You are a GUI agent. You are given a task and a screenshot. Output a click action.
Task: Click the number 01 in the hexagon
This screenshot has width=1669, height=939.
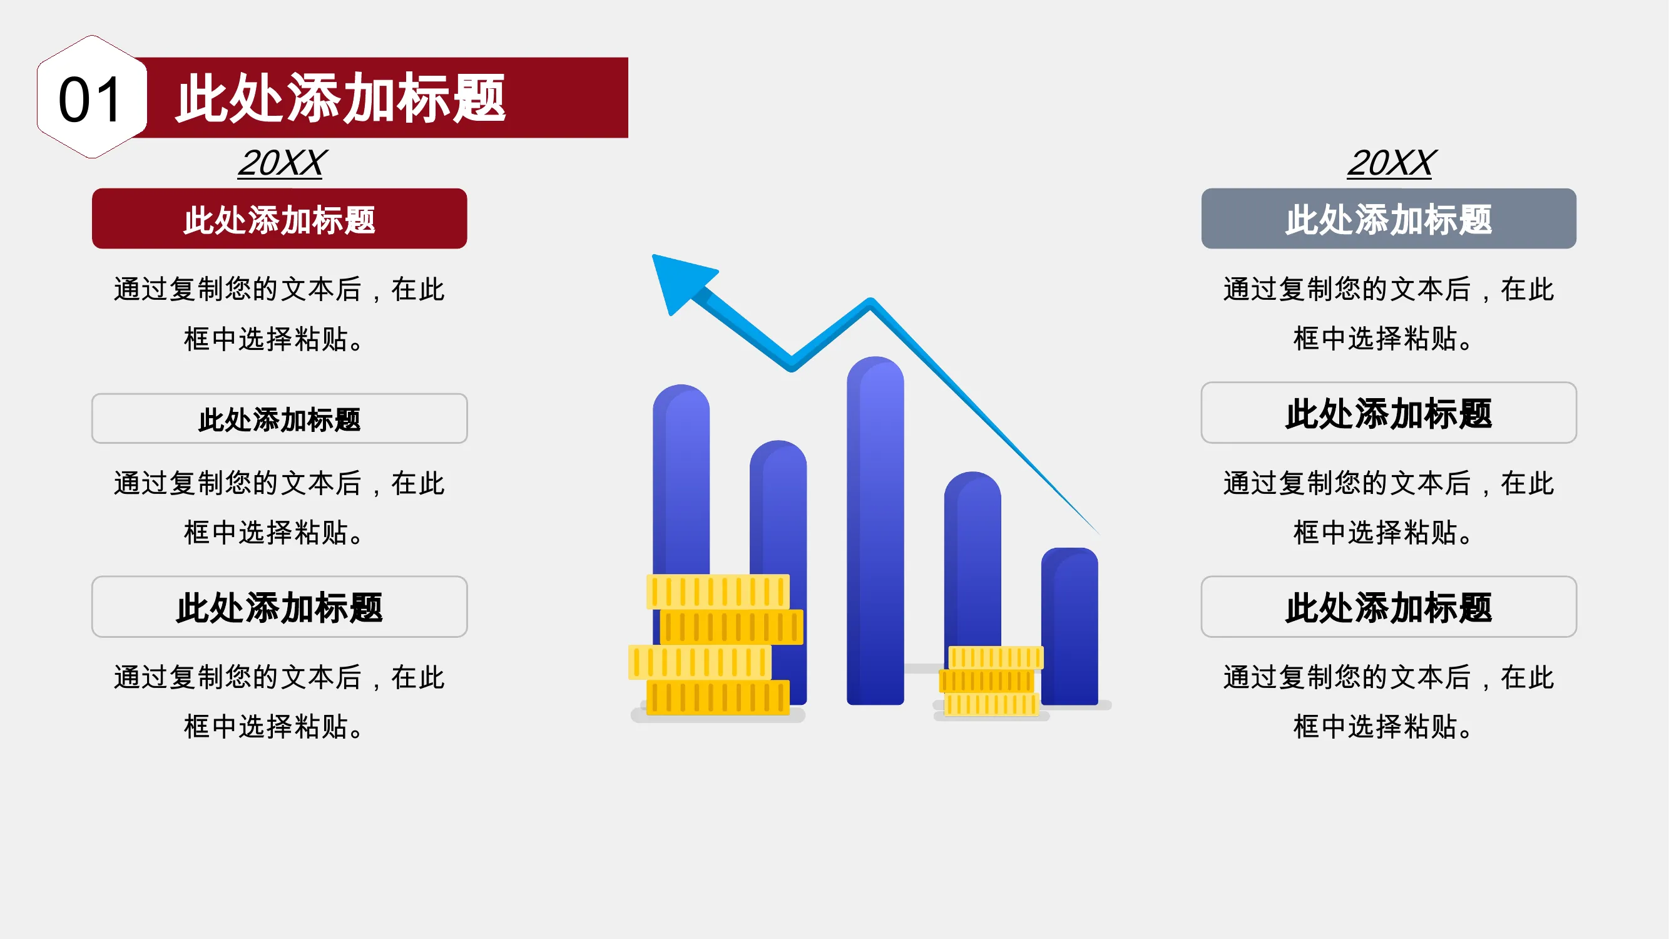90,100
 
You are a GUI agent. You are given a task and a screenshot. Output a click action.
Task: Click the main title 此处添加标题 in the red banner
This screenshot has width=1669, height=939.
341,98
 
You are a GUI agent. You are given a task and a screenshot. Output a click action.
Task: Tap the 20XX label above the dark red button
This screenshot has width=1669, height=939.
282,163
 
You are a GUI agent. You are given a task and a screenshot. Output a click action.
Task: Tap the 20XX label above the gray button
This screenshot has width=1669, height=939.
1391,163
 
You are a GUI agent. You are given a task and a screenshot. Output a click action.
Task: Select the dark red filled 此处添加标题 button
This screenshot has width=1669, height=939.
279,218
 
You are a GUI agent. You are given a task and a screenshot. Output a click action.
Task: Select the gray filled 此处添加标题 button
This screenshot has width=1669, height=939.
1389,218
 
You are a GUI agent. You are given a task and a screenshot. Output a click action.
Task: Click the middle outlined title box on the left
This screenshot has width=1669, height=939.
279,419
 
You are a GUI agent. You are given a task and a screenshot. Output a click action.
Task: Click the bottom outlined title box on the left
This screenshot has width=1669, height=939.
279,607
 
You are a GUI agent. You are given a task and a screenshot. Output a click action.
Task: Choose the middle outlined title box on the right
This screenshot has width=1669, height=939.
1389,413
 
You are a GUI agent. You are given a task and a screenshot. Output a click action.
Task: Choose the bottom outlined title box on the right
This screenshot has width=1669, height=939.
1389,607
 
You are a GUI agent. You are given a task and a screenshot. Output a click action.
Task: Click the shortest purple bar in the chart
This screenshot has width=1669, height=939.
1069,626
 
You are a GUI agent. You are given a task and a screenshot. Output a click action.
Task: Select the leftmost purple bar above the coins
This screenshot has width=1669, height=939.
681,480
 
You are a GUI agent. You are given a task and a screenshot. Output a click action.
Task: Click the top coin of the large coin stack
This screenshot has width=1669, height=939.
718,592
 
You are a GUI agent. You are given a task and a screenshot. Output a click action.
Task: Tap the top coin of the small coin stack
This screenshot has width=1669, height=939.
996,658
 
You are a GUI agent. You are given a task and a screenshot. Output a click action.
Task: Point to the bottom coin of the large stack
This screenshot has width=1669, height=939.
718,698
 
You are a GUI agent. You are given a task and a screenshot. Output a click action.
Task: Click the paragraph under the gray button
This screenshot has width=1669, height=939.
1389,314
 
